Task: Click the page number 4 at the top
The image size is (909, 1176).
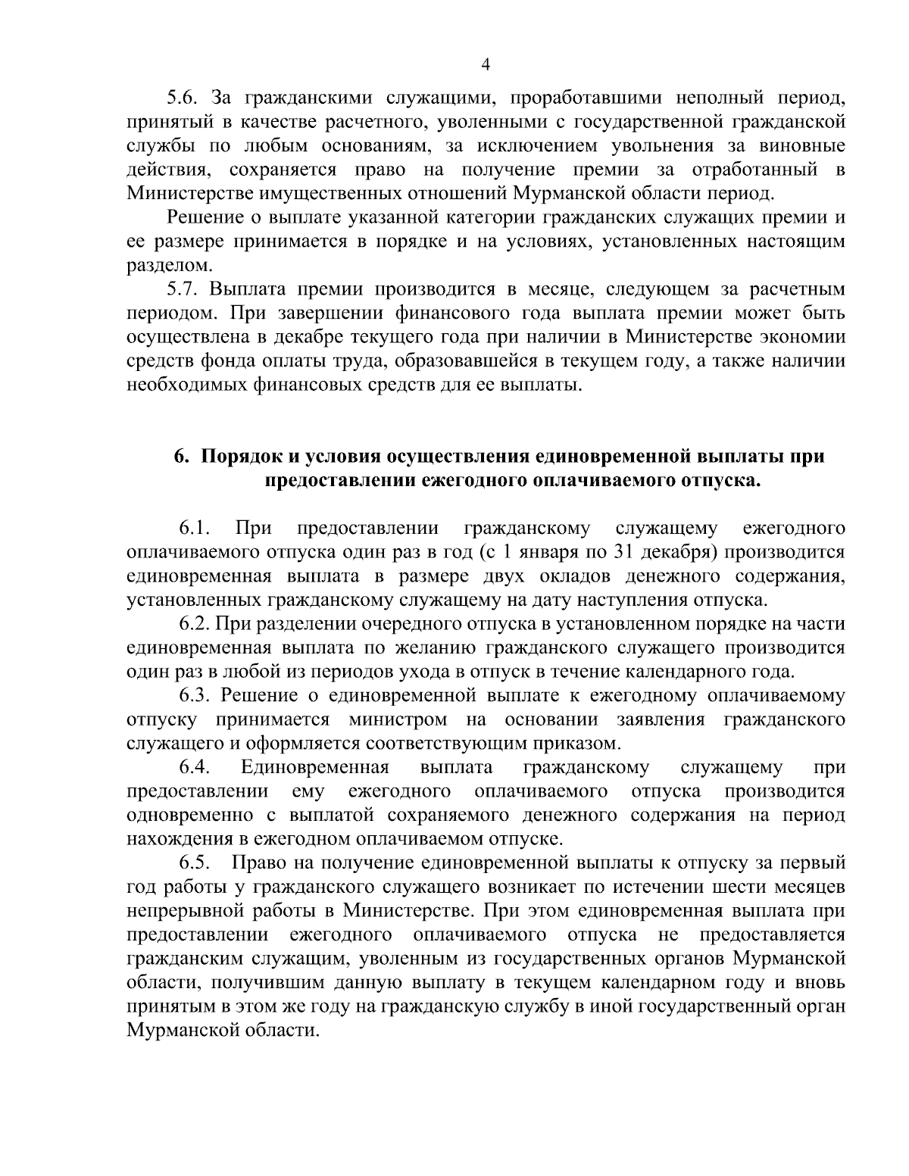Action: (486, 65)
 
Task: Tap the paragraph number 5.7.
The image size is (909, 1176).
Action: (183, 289)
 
